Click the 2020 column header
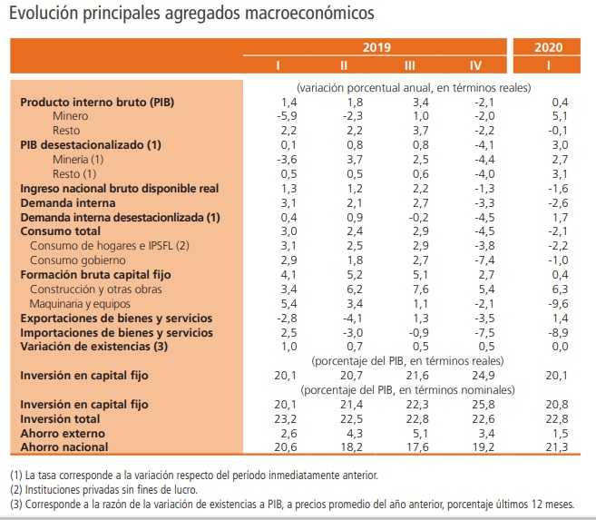pyautogui.click(x=548, y=46)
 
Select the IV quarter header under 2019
pyautogui.click(x=475, y=65)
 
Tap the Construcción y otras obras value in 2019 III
pyautogui.click(x=417, y=289)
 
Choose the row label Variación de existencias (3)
pyautogui.click(x=94, y=346)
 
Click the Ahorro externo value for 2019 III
pyautogui.click(x=418, y=432)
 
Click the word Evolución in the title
pyautogui.click(x=44, y=15)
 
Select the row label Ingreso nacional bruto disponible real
pyautogui.click(x=120, y=189)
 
